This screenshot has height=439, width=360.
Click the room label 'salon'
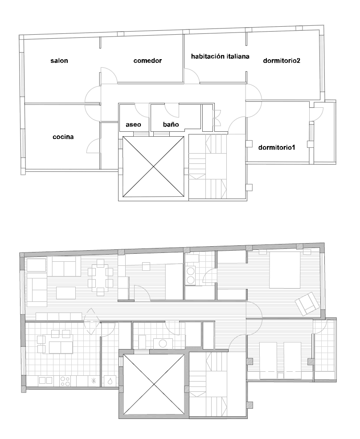click(59, 61)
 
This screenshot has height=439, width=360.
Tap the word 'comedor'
click(147, 61)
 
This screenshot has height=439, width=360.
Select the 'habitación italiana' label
click(220, 56)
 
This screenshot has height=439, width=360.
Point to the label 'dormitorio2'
click(282, 61)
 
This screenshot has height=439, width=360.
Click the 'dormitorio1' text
click(277, 147)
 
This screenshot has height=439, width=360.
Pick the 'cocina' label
click(63, 137)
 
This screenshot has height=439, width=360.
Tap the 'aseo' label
click(133, 124)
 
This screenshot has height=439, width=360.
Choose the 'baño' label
click(171, 124)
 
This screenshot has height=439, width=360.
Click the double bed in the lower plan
click(285, 270)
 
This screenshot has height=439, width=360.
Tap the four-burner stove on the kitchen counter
click(65, 381)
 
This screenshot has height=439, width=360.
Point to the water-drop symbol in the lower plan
click(110, 381)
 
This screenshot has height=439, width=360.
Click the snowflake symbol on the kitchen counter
click(94, 381)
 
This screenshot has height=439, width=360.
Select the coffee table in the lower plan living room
click(66, 293)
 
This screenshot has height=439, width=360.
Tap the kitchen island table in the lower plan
click(61, 347)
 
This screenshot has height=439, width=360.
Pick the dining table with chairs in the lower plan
click(100, 277)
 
